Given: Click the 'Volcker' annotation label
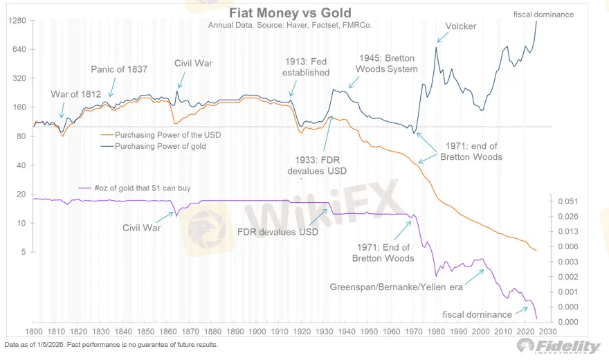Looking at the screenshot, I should (461, 26).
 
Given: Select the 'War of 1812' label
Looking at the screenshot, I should (75, 94).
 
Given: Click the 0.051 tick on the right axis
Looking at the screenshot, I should (567, 201).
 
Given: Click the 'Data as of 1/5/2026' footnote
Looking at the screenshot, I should (111, 344).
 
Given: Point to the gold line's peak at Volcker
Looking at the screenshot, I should (437, 47).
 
